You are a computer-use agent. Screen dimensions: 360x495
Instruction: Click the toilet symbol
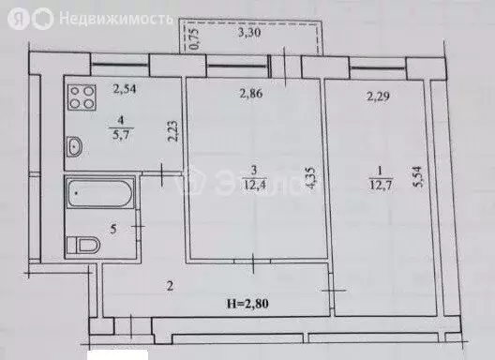click(x=85, y=246)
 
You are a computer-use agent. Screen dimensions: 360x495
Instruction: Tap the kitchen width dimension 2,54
click(x=126, y=90)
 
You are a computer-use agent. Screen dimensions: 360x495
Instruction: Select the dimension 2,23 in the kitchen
click(x=172, y=128)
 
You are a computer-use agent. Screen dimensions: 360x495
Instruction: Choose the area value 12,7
click(x=378, y=180)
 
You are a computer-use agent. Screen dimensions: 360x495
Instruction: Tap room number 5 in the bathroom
click(x=113, y=228)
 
